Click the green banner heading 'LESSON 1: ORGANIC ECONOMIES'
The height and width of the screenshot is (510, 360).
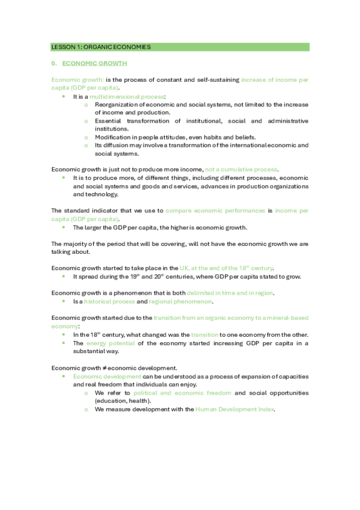click(x=101, y=47)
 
